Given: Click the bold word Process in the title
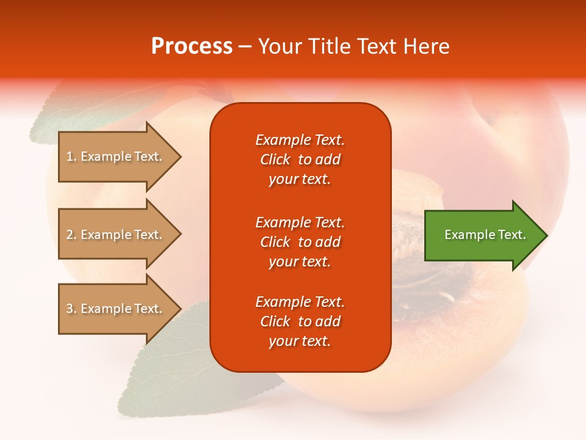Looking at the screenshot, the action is tap(192, 46).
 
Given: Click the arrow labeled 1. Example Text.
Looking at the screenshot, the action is tap(120, 156).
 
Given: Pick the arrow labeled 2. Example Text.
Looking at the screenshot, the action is tap(120, 234).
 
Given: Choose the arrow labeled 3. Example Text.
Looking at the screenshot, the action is tap(120, 309).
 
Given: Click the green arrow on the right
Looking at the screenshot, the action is tap(486, 235).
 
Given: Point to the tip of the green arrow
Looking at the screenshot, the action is tap(548, 235).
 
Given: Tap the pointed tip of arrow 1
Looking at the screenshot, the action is tap(181, 156).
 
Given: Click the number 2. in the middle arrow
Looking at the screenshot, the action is tap(71, 235).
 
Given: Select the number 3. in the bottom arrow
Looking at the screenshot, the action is tap(71, 309).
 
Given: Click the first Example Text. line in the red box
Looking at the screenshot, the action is tap(300, 140).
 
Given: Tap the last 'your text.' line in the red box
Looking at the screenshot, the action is tap(300, 341).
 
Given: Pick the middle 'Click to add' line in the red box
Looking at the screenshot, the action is tap(300, 242).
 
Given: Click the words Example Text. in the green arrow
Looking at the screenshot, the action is tap(485, 235).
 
